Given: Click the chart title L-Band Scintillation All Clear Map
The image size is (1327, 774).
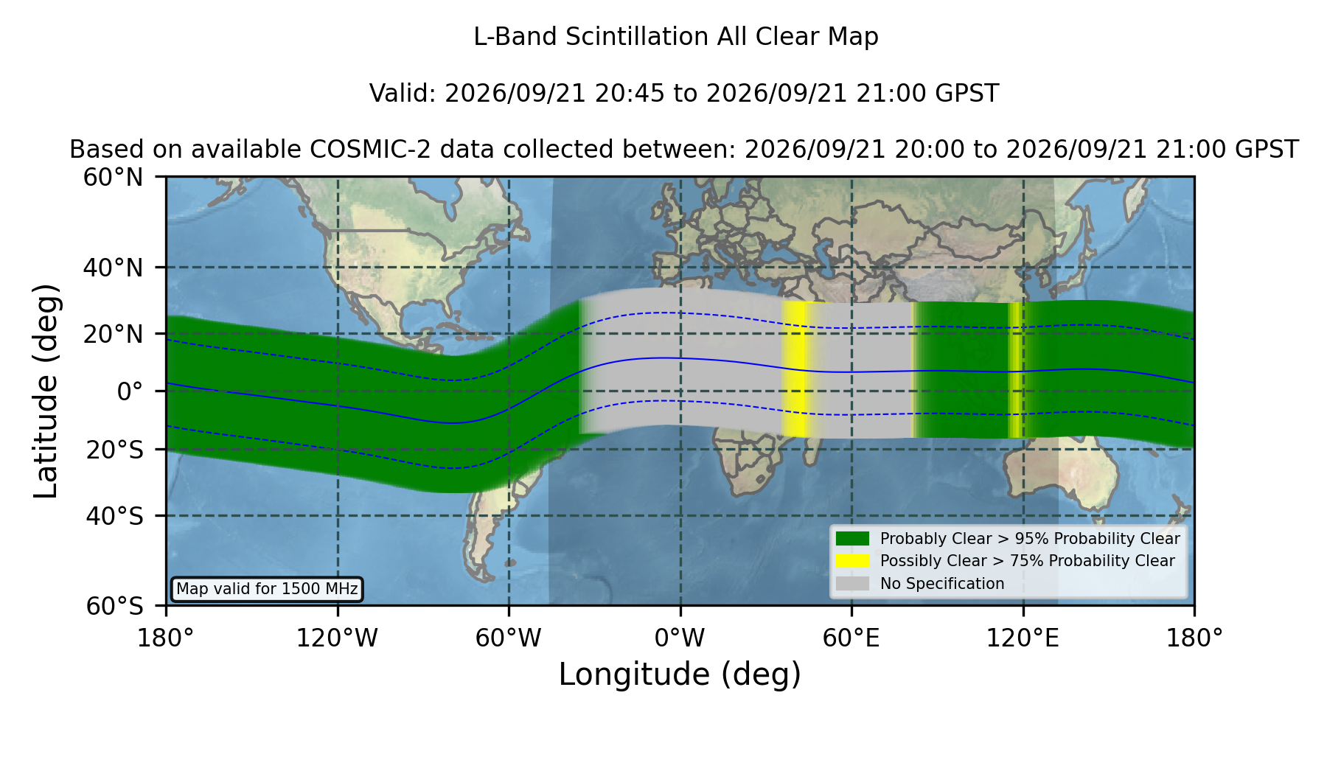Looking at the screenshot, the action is point(675,37).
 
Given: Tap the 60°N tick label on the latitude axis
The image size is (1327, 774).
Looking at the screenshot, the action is point(113,178).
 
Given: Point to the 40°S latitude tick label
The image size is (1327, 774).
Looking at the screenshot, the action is point(114,516).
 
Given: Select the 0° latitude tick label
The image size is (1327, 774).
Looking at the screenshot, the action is point(130,391).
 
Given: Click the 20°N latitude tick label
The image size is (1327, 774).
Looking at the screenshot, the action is point(113,335).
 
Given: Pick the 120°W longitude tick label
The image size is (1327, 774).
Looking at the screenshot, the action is point(337,638).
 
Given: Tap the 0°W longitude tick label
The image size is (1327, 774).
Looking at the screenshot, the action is point(680,638).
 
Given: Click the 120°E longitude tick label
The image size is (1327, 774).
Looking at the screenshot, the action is point(1023,638).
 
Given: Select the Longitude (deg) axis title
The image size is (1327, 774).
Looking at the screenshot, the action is point(680,674).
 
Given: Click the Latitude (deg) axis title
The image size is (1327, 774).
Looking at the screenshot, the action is point(46,391).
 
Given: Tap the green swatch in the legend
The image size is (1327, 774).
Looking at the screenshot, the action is point(852,538).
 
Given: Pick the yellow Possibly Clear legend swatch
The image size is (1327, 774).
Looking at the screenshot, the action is point(852,561).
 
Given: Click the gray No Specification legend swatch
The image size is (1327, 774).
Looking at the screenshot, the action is point(852,584).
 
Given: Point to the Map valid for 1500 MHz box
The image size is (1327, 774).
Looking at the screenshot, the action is point(267,589).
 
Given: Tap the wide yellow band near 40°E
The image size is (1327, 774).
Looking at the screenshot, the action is point(795,369).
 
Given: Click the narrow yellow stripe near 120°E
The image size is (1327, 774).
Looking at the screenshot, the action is point(1015,370).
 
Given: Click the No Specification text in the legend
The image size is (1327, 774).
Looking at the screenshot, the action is point(942,584).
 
